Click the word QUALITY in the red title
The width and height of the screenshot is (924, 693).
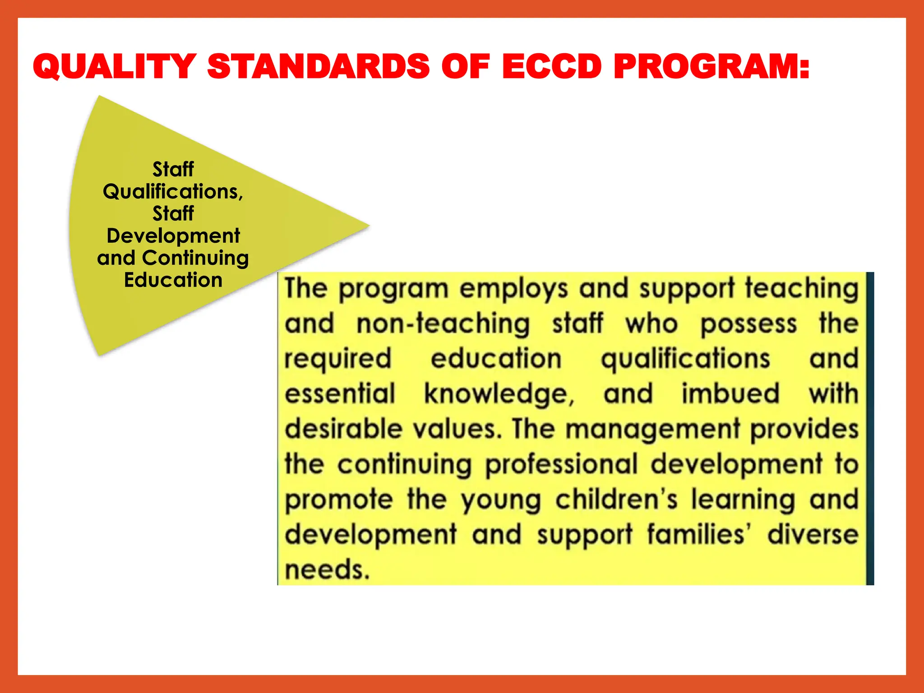pyautogui.click(x=115, y=67)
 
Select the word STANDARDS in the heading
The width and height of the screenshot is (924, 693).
pyautogui.click(x=319, y=67)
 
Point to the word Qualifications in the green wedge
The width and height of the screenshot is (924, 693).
pyautogui.click(x=172, y=192)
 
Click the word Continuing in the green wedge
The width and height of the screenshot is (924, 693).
pyautogui.click(x=195, y=258)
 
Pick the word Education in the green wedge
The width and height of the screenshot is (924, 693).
pyautogui.click(x=173, y=280)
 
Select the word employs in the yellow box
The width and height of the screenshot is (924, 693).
pyautogui.click(x=513, y=289)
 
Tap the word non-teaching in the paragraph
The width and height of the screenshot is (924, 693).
pyautogui.click(x=443, y=324)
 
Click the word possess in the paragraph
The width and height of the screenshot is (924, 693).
pyautogui.click(x=748, y=324)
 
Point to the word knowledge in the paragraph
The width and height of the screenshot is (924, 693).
pyautogui.click(x=499, y=394)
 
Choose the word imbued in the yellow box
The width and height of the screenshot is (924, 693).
pyautogui.click(x=730, y=393)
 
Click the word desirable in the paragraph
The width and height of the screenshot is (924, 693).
pyautogui.click(x=343, y=429)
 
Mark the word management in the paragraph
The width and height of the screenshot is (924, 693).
pyautogui.click(x=653, y=430)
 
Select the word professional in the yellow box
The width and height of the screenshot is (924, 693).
pyautogui.click(x=562, y=465)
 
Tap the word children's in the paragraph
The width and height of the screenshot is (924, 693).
pyautogui.click(x=616, y=499)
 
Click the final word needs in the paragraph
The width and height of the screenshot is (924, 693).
pyautogui.click(x=327, y=570)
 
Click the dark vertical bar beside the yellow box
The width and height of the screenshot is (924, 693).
pyautogui.click(x=870, y=429)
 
